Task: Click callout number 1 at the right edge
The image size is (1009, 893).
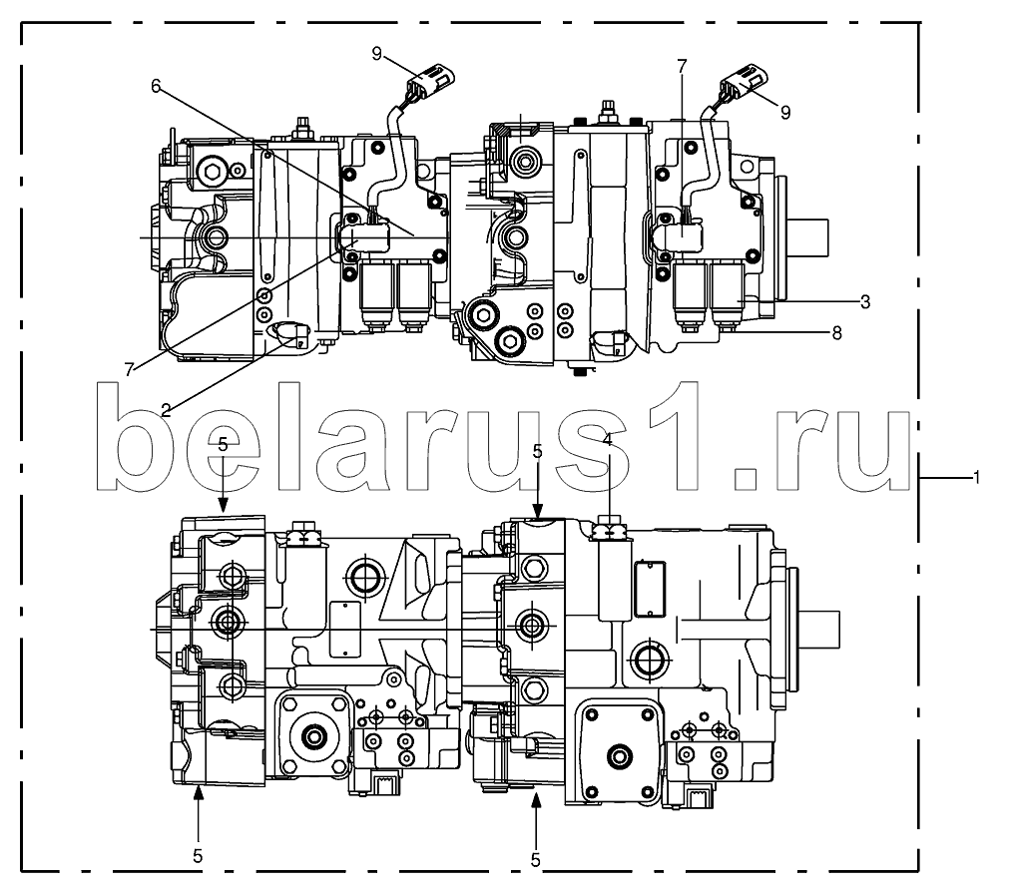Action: pyautogui.click(x=976, y=478)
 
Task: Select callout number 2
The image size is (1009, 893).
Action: pyautogui.click(x=166, y=407)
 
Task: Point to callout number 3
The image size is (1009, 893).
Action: pyautogui.click(x=864, y=300)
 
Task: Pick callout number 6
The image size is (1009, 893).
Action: pyautogui.click(x=156, y=86)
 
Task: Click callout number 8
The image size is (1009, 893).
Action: pyautogui.click(x=836, y=333)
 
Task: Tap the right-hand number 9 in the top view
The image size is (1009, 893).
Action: pyautogui.click(x=785, y=113)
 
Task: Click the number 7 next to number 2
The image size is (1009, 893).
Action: pyautogui.click(x=129, y=369)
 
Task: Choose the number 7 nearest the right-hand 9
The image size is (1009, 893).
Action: pyautogui.click(x=682, y=66)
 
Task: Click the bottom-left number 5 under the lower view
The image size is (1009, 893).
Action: pyautogui.click(x=198, y=855)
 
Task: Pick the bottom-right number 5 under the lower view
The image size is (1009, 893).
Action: pyautogui.click(x=537, y=857)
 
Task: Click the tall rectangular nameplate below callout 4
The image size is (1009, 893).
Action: pyautogui.click(x=649, y=589)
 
